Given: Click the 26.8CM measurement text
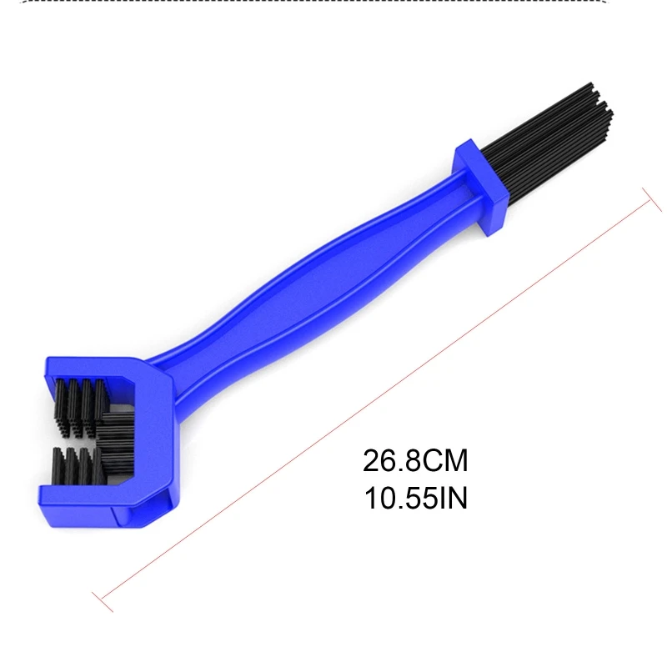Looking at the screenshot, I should tap(415, 460).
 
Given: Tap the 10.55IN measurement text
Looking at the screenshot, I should tap(415, 498).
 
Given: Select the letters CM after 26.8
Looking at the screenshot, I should tap(446, 460).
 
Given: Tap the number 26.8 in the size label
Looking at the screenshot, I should tap(390, 460).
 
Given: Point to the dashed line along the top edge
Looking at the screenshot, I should tap(333, 3).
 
